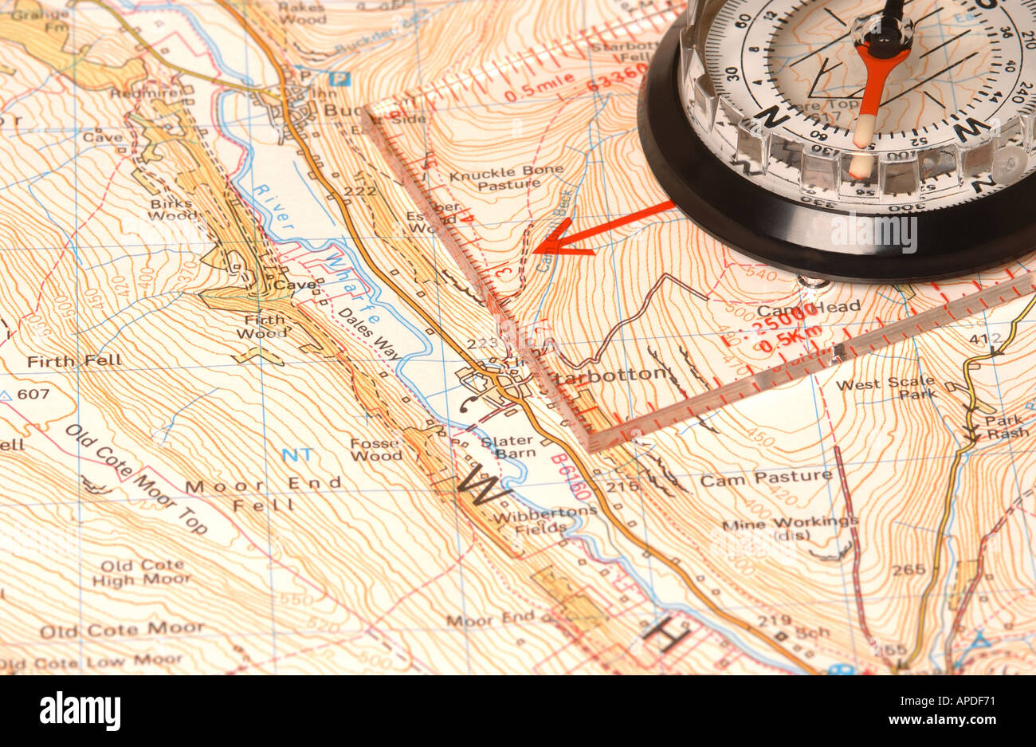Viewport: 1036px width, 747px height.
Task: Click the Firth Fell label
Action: point(74,361)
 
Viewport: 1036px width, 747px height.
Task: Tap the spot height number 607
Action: point(33,394)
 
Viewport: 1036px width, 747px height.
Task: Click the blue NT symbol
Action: point(297,454)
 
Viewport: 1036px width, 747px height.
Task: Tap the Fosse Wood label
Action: point(376,450)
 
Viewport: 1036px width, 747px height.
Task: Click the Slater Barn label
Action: point(508,447)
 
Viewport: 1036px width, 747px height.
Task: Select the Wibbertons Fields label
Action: point(544,519)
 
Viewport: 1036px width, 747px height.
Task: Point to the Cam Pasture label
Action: point(765,478)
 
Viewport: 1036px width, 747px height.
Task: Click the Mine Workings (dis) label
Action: point(789,529)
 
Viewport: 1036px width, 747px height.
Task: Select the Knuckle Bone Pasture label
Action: point(506,178)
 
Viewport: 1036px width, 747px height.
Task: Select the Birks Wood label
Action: point(172,209)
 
